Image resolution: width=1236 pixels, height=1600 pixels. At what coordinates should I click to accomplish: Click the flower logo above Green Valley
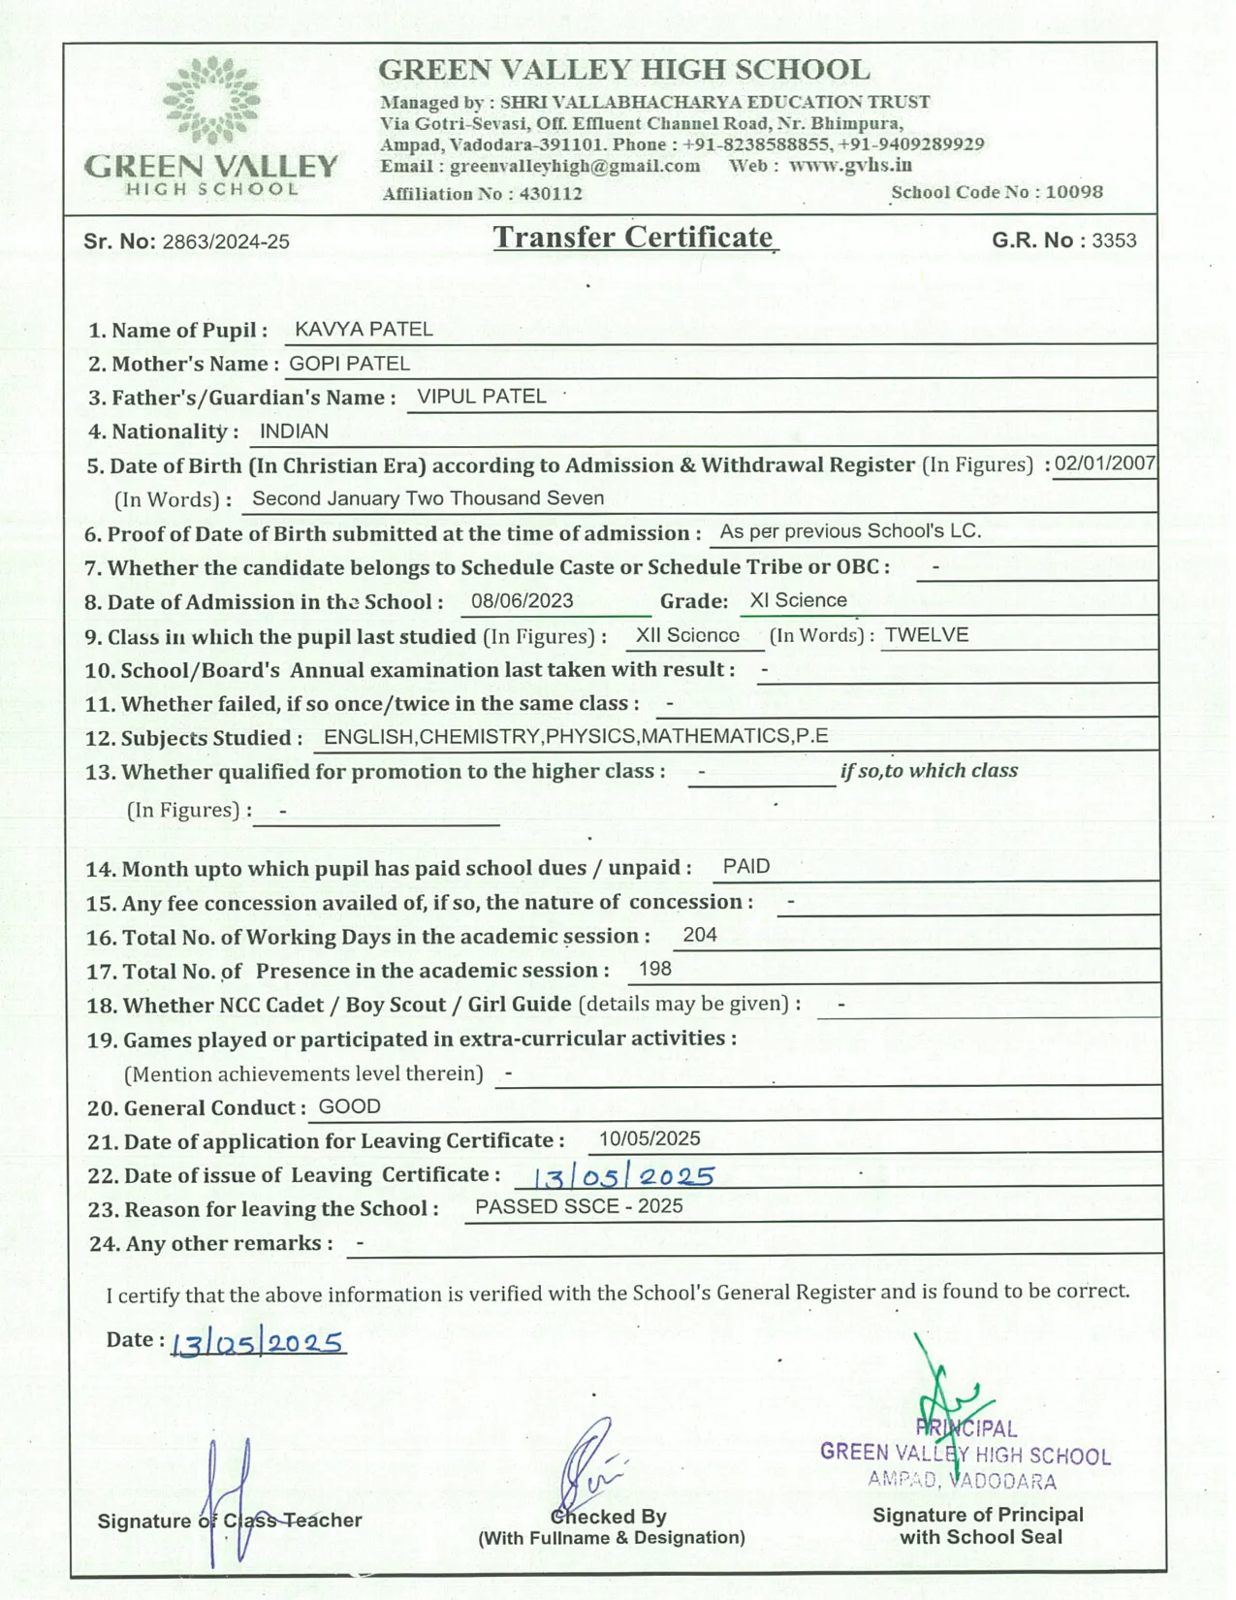(x=211, y=100)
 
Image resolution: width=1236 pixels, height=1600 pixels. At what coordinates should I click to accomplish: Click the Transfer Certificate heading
(x=633, y=238)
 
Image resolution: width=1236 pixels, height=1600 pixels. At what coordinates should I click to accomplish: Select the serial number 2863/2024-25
(x=226, y=241)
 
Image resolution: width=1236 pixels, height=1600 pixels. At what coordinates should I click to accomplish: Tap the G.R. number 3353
(x=1114, y=240)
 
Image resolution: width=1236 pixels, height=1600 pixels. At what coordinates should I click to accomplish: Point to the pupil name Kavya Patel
(x=364, y=330)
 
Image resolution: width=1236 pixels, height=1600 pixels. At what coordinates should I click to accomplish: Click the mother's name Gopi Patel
(x=350, y=364)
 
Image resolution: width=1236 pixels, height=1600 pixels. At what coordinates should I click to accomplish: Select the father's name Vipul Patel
(x=482, y=397)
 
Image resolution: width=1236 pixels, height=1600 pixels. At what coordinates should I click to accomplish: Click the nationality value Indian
(x=294, y=432)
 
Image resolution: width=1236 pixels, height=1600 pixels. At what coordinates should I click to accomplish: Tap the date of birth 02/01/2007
(x=1105, y=463)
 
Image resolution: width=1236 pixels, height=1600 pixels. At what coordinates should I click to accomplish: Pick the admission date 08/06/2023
(x=523, y=601)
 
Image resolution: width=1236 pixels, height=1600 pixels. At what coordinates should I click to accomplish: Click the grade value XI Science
(x=799, y=600)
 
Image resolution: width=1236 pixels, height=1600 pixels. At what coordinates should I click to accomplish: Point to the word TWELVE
(x=927, y=635)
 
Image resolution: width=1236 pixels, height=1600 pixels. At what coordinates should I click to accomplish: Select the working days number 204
(x=700, y=935)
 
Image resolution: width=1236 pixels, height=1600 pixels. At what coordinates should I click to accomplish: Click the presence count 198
(x=655, y=969)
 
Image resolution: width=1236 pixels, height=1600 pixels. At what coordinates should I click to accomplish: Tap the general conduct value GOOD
(x=350, y=1106)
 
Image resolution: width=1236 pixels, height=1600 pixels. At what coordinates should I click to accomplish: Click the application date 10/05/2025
(x=650, y=1139)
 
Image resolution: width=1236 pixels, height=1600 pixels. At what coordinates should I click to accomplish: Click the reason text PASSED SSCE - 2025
(x=579, y=1206)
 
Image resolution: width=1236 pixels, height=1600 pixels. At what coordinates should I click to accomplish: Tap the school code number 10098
(x=1074, y=192)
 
